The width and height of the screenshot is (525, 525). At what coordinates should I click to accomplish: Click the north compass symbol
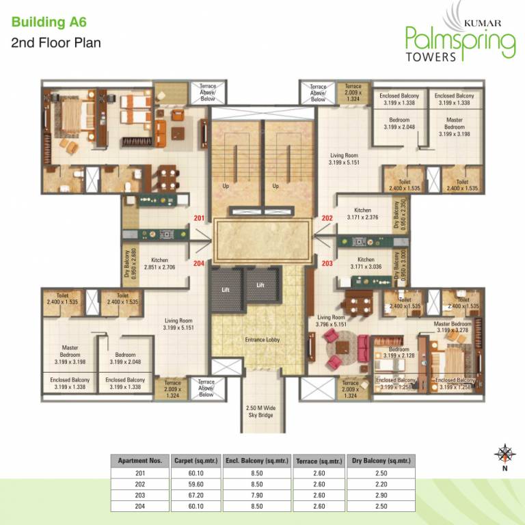click(504, 454)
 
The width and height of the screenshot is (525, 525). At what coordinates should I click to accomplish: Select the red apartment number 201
click(199, 218)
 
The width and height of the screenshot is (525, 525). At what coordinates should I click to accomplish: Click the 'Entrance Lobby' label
click(262, 339)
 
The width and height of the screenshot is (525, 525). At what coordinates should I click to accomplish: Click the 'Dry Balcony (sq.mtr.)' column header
click(381, 461)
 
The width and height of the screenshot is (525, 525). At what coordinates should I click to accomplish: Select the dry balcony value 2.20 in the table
click(381, 483)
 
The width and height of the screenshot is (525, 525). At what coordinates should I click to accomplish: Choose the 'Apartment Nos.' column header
click(139, 461)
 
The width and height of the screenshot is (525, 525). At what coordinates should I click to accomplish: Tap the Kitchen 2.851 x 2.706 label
click(159, 264)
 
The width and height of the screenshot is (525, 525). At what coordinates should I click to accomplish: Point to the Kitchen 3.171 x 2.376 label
click(362, 214)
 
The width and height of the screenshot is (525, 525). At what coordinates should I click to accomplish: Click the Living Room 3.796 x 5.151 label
click(333, 321)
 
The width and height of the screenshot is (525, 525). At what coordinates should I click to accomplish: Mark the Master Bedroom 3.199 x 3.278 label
click(453, 327)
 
